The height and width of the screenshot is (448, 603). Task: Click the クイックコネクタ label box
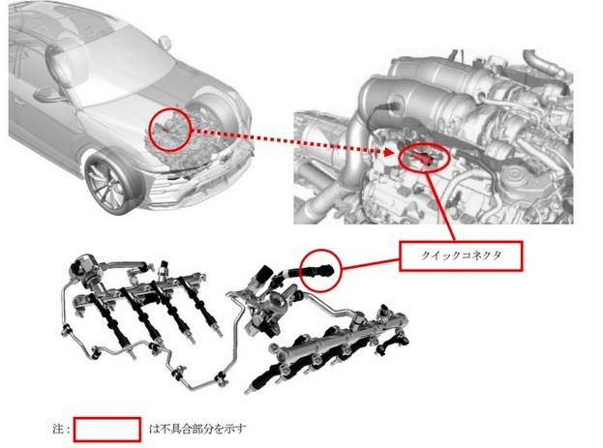click(461, 255)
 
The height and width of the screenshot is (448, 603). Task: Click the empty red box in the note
click(106, 430)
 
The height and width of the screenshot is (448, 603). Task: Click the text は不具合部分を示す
click(196, 429)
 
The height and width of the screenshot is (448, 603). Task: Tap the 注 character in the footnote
click(58, 429)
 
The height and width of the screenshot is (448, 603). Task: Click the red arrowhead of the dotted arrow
click(389, 152)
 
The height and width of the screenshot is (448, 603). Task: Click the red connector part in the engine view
click(421, 157)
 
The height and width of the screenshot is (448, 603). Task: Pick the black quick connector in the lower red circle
click(317, 270)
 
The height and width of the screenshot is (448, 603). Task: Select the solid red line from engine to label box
click(440, 206)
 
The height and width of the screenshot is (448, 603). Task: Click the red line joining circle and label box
click(371, 264)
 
